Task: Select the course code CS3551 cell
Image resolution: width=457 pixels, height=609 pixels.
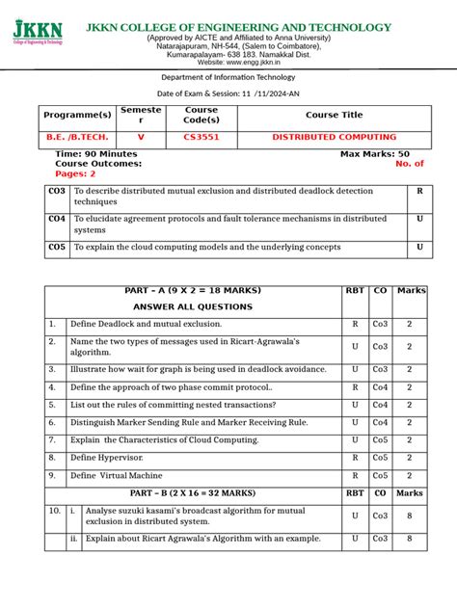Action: [202, 137]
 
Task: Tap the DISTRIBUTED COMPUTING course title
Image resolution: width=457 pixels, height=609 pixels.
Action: [334, 137]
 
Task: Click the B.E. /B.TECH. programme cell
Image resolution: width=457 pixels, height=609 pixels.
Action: [73, 137]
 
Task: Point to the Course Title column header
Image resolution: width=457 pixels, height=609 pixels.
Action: [334, 115]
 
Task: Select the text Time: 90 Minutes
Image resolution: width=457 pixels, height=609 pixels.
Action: [96, 154]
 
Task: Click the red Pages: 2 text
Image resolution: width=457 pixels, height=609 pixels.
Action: [76, 173]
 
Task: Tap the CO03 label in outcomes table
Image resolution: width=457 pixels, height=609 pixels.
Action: [57, 192]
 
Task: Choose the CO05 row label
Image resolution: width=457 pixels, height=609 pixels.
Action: [57, 248]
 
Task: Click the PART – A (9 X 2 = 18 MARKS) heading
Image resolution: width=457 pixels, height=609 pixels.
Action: [193, 290]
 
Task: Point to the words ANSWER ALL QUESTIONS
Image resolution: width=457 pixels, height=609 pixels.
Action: [193, 306]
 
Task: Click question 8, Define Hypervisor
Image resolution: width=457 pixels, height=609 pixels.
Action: [112, 458]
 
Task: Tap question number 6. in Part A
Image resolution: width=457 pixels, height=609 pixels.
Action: [53, 422]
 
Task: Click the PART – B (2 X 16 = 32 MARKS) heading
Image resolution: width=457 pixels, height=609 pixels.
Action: [193, 492]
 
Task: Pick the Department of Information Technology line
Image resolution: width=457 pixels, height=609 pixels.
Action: [228, 77]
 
